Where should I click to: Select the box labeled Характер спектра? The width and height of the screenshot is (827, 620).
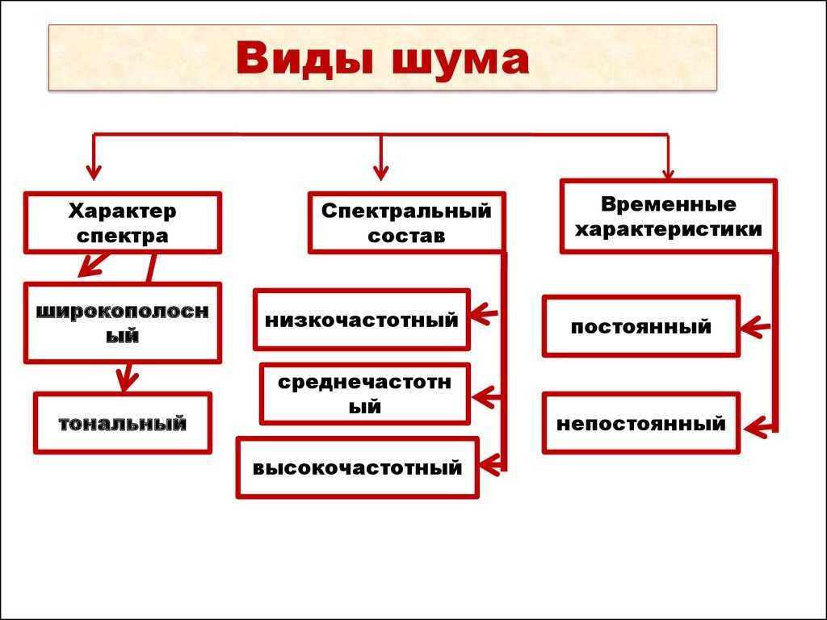tap(122, 223)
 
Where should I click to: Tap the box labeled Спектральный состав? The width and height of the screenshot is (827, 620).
tap(406, 223)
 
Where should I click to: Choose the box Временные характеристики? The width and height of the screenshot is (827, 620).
tap(668, 216)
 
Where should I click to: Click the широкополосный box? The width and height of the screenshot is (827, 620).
tap(122, 322)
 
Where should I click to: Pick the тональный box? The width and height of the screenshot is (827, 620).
tap(122, 422)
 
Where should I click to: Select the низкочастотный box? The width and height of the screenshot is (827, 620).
tap(361, 320)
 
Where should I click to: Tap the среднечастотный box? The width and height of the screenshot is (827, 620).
tap(364, 394)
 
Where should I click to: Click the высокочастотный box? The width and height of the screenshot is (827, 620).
tap(357, 467)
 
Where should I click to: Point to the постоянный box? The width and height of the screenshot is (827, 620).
tap(640, 326)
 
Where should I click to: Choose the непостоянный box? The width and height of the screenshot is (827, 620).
tap(640, 423)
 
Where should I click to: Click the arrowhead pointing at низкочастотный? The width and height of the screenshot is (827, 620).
tap(483, 312)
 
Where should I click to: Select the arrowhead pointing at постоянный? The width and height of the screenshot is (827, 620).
tap(753, 327)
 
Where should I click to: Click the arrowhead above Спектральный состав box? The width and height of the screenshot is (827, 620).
tap(381, 171)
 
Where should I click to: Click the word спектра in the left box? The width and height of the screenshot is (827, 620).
tap(122, 236)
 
